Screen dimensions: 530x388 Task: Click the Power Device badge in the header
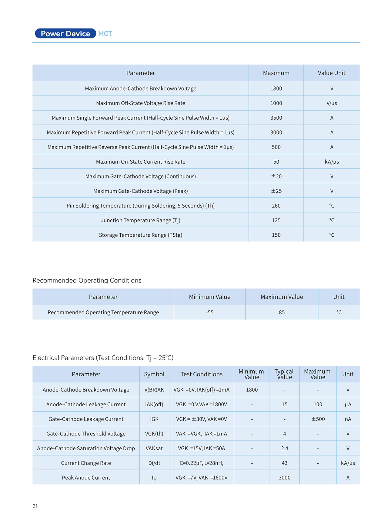pos(65,33)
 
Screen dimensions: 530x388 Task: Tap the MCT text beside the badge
pos(105,34)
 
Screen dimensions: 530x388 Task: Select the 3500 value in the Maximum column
pos(276,118)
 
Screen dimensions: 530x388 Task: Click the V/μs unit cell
pos(332,103)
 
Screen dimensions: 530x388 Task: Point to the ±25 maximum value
pos(276,191)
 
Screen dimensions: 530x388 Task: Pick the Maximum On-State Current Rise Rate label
pos(141,162)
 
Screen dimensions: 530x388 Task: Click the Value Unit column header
pos(332,73)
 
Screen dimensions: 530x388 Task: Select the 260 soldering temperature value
pos(276,206)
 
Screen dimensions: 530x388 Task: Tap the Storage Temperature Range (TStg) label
pos(141,235)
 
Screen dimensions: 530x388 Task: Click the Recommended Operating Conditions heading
pos(87,281)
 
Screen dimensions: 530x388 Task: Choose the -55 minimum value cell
pos(209,312)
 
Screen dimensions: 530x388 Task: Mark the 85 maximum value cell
pos(282,312)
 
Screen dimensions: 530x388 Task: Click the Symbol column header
pos(154,374)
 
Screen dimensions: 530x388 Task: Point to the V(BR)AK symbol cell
pos(154,390)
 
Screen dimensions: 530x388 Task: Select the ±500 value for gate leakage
pos(318,419)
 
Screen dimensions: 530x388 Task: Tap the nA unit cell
pos(348,419)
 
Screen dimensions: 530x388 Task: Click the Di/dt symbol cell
pos(154,463)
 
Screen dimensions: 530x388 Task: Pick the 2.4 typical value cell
pos(284,448)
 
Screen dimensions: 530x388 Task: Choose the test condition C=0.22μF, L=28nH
pos(201,463)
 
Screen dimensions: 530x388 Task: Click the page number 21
pos(35,506)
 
